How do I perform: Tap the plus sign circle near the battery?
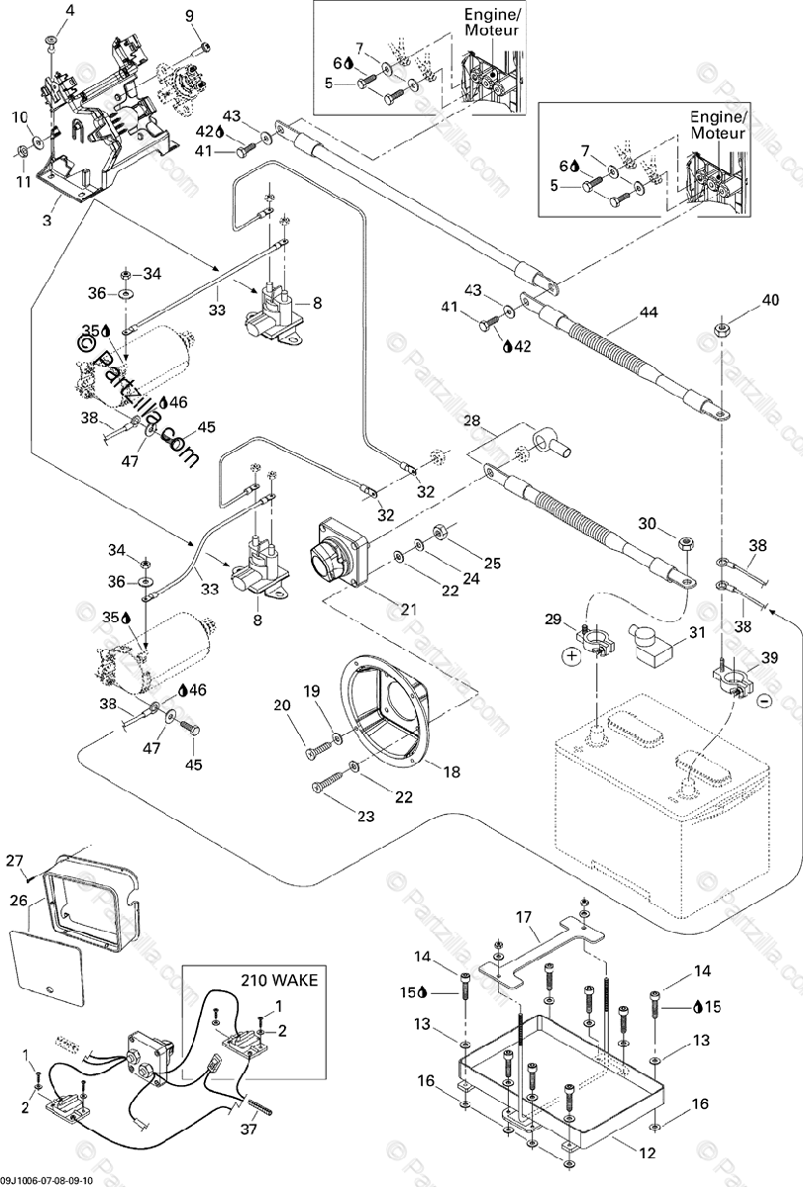coord(570,656)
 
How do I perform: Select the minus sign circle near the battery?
coord(764,700)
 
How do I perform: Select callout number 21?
coord(408,610)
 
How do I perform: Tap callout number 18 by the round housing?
coord(452,773)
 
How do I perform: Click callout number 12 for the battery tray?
coord(648,1152)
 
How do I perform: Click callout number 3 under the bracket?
coord(48,220)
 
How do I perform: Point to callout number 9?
coord(190,17)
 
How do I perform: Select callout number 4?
coord(70,11)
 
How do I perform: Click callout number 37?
coord(249,1130)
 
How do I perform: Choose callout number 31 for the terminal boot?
coord(697,633)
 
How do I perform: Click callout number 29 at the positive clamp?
coord(553,619)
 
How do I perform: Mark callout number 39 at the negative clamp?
coord(769,658)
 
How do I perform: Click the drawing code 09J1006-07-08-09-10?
coord(47,1181)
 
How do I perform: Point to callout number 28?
coord(471,421)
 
